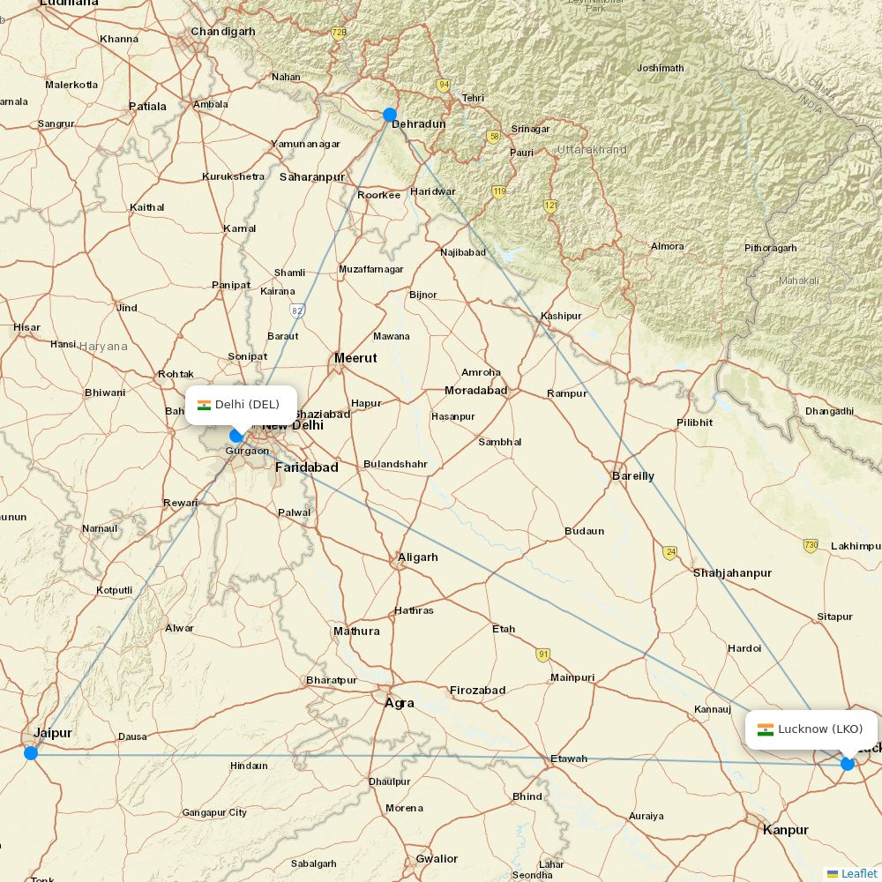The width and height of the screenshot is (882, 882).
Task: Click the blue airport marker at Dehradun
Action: click(x=390, y=115)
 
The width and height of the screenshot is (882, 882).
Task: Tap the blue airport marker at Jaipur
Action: click(x=31, y=752)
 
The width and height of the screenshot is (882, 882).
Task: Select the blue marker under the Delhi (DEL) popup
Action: click(x=235, y=436)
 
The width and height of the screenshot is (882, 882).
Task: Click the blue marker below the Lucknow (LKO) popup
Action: click(x=848, y=764)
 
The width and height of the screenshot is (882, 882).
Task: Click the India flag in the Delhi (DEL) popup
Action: click(x=204, y=405)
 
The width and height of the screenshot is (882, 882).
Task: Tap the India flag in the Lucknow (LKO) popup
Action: click(x=766, y=729)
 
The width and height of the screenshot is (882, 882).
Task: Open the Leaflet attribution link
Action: click(x=858, y=873)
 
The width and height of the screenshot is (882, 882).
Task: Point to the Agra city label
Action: click(x=399, y=703)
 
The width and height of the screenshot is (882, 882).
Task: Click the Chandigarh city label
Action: click(x=223, y=32)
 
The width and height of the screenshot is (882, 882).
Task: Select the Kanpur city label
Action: click(x=786, y=830)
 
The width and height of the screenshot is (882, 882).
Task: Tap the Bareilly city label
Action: click(x=633, y=476)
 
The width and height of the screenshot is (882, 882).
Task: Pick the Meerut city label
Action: click(x=355, y=358)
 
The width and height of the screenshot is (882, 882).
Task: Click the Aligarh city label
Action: click(x=417, y=557)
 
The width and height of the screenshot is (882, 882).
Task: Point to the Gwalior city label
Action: click(x=437, y=858)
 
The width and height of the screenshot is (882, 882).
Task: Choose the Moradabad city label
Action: click(x=475, y=390)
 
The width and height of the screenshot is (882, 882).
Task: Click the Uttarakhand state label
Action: click(x=592, y=150)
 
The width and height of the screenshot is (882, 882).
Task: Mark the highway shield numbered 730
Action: click(x=811, y=546)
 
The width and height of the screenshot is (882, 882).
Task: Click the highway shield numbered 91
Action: click(x=543, y=654)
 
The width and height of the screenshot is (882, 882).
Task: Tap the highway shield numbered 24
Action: click(x=670, y=553)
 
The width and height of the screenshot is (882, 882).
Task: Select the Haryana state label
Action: click(x=103, y=347)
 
